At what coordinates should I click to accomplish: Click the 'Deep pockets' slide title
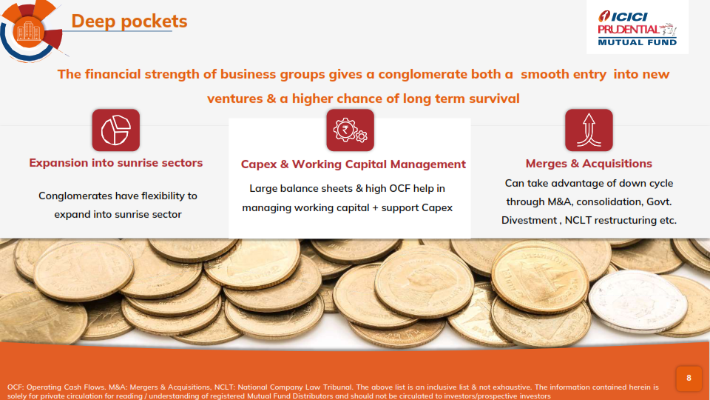click(x=129, y=21)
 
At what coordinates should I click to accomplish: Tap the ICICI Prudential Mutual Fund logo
click(x=637, y=27)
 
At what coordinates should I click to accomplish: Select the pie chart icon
click(x=116, y=130)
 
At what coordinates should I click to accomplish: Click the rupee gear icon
click(x=350, y=130)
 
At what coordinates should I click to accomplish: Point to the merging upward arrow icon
click(x=589, y=130)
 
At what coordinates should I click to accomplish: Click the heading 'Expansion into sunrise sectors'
click(x=116, y=163)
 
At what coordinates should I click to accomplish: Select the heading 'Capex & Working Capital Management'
click(x=354, y=164)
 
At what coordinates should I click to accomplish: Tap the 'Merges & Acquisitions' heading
click(x=589, y=163)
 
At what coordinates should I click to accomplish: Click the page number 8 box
click(x=689, y=379)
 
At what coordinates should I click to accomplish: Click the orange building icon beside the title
click(x=28, y=32)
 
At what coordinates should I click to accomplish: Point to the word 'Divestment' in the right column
click(x=529, y=221)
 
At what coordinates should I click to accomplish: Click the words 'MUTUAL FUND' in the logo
click(x=637, y=42)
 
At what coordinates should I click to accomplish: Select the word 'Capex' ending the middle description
click(x=437, y=207)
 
